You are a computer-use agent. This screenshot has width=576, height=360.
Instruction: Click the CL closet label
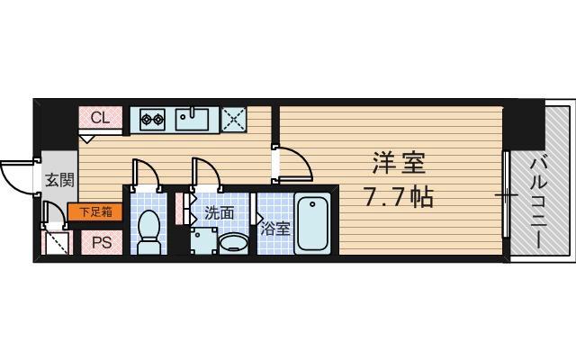pyautogui.click(x=99, y=118)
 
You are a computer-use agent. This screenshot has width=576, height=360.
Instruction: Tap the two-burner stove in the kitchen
pyautogui.click(x=149, y=119)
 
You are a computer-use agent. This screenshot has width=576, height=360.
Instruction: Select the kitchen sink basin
pyautogui.click(x=193, y=118)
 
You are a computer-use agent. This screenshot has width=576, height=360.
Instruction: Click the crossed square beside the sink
pyautogui.click(x=234, y=119)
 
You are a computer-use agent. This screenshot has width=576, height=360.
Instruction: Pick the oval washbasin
pyautogui.click(x=234, y=242)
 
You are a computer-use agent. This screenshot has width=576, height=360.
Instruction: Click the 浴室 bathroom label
pyautogui.click(x=275, y=229)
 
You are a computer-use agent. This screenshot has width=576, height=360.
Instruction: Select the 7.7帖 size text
pyautogui.click(x=397, y=195)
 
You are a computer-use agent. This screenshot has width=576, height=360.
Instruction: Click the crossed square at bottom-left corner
pyautogui.click(x=55, y=242)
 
